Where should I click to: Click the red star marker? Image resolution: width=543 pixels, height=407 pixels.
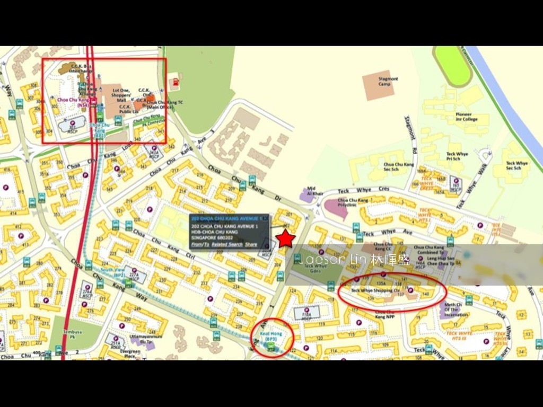coord(286,238)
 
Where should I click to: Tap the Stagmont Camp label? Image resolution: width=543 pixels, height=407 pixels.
coord(388,81)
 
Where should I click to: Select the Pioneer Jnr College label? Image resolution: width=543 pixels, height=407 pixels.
coord(466,117)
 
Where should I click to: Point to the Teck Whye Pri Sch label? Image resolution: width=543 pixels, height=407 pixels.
coord(457,156)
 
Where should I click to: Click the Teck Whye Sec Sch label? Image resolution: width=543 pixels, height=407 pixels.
coord(516,166)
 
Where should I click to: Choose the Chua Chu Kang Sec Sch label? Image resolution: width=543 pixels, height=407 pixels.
coord(398,167)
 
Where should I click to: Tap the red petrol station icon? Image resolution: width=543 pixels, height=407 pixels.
coord(173,84)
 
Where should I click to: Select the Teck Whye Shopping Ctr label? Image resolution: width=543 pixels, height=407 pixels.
coord(375,290)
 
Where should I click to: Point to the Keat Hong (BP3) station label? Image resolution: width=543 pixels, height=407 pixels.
coord(270,337)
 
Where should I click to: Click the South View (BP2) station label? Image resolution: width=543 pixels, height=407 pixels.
coord(112,272)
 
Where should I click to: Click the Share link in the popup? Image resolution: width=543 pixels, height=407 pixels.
coord(251,244)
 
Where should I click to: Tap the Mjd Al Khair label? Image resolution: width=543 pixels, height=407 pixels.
coord(315,191)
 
